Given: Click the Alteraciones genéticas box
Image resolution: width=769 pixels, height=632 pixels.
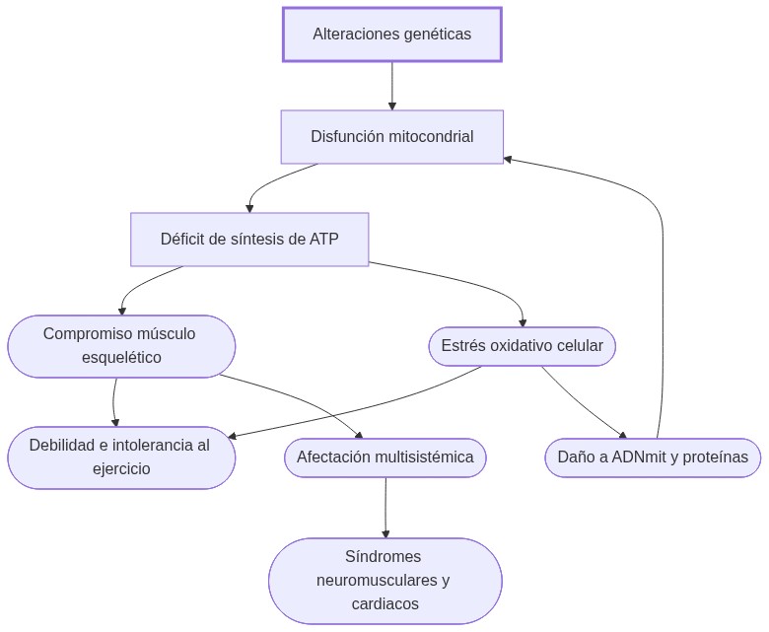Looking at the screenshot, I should tap(391, 35).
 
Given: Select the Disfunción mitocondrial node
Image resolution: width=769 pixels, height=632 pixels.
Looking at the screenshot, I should tap(391, 137).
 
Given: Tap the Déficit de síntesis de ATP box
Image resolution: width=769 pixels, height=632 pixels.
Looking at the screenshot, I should tap(249, 239).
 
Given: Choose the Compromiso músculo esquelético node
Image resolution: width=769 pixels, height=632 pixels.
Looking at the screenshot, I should tap(121, 346).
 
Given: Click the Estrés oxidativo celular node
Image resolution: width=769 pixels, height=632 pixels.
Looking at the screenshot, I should tap(522, 346).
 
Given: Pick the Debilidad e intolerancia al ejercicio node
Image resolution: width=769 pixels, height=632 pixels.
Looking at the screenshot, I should tap(121, 457).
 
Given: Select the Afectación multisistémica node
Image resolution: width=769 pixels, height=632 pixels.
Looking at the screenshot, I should tap(384, 457).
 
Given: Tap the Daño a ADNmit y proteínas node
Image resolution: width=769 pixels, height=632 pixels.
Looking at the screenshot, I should tap(652, 457).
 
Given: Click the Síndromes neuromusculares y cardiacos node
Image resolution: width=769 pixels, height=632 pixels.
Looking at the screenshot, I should tap(384, 581).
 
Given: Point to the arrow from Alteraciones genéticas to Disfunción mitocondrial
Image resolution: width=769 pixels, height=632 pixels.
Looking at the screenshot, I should tap(392, 87).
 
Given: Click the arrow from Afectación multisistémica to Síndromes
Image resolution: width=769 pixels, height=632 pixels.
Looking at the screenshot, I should tap(385, 508).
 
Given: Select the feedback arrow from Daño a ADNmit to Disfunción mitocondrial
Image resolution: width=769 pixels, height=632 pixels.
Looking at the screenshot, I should tap(662, 296).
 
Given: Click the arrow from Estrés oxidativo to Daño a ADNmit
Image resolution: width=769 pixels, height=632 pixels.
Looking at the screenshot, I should tap(582, 401).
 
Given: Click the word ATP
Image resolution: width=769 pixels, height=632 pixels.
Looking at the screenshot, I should tap(323, 239).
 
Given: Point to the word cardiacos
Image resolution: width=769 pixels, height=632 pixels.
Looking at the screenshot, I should tap(384, 603).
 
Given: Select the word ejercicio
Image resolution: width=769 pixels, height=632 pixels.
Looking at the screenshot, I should tap(121, 469).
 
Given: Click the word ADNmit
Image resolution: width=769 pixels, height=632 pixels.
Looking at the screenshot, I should tap(640, 457).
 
